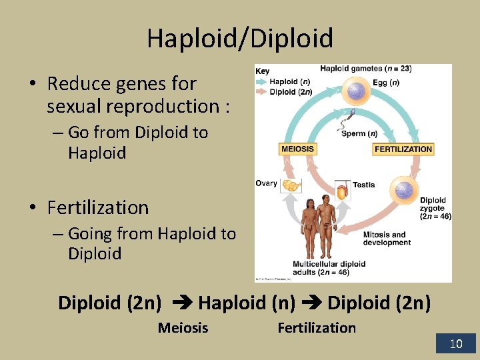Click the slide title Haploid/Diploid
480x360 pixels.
click(x=240, y=39)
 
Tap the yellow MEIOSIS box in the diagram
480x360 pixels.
click(x=297, y=149)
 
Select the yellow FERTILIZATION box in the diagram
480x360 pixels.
click(x=403, y=149)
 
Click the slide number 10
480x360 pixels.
click(x=456, y=344)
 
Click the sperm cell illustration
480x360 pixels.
click(x=347, y=118)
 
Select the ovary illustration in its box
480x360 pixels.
click(x=291, y=185)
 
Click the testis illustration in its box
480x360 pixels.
click(x=342, y=192)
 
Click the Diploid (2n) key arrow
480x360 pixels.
click(x=262, y=92)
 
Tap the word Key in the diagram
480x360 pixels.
click(x=263, y=71)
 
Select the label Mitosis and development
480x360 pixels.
click(x=387, y=239)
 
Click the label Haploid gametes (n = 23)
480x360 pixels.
click(x=365, y=68)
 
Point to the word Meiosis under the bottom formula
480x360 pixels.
click(x=183, y=328)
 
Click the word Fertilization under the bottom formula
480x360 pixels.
click(x=317, y=328)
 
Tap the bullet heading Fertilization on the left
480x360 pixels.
click(x=98, y=208)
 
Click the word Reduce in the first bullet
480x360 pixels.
click(x=75, y=84)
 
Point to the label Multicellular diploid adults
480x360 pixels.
click(x=329, y=268)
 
